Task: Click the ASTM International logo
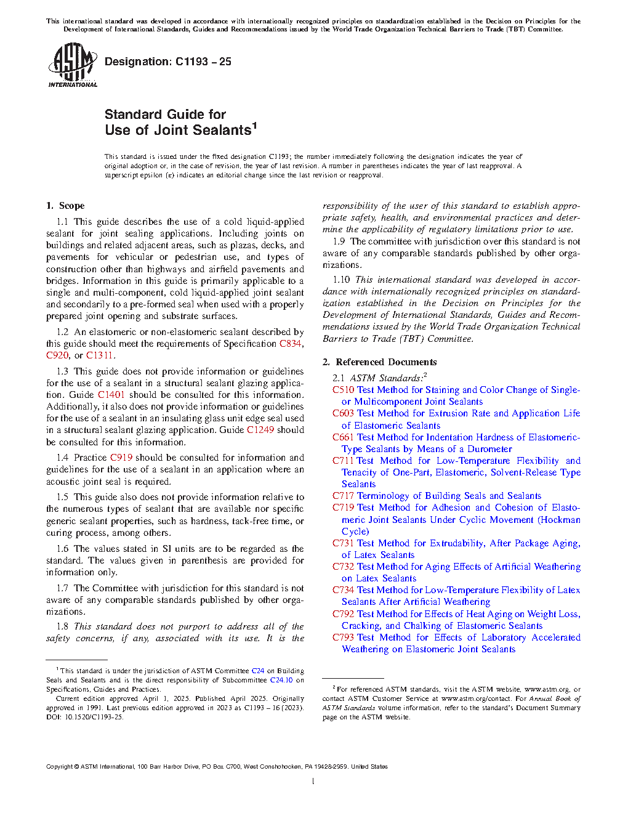tap(72, 65)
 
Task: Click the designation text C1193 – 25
tap(203, 62)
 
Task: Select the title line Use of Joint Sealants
tap(178, 131)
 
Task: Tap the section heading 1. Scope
tap(65, 206)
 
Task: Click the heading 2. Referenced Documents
tap(380, 362)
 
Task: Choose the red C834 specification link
tap(290, 344)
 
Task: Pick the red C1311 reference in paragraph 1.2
tap(99, 355)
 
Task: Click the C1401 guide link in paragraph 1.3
tap(111, 395)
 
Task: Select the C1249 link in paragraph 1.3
tap(260, 430)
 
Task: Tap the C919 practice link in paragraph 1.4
tap(121, 458)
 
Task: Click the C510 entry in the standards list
tap(343, 390)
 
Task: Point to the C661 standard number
tap(343, 437)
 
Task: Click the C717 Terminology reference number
tap(343, 496)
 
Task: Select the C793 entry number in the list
tap(343, 637)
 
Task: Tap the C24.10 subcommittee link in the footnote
tap(281, 680)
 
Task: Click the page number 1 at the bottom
tap(313, 782)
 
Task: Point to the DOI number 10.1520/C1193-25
tap(91, 717)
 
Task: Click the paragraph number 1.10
tap(341, 280)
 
